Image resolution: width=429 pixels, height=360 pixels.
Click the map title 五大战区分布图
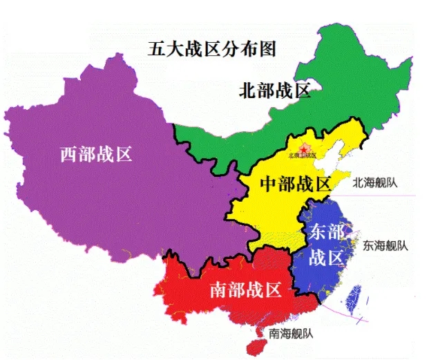click(212, 49)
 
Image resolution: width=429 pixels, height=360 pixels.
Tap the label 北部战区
click(274, 91)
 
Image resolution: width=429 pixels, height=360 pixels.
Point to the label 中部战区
click(296, 184)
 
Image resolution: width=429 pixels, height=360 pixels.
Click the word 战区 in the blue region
click(326, 258)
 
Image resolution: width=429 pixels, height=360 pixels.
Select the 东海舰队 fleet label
click(386, 245)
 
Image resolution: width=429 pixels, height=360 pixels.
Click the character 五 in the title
click(155, 49)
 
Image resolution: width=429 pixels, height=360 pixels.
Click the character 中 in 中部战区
click(268, 184)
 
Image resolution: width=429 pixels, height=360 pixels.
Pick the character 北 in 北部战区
click(247, 91)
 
